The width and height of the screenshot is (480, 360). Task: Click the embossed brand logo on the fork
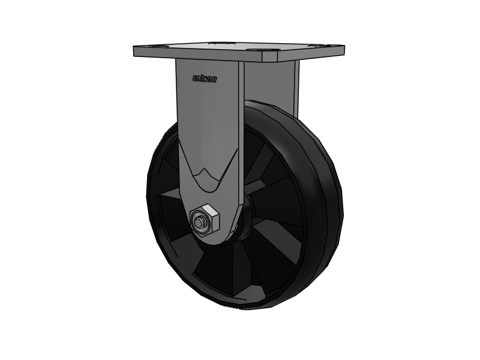click(205, 78)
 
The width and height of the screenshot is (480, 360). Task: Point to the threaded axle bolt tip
click(197, 223)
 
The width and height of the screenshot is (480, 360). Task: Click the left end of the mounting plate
click(136, 51)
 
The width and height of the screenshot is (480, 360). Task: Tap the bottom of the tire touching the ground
click(252, 306)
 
